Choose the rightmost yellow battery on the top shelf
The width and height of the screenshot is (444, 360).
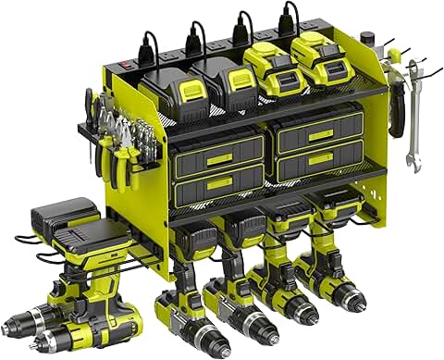(x=320, y=60)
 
